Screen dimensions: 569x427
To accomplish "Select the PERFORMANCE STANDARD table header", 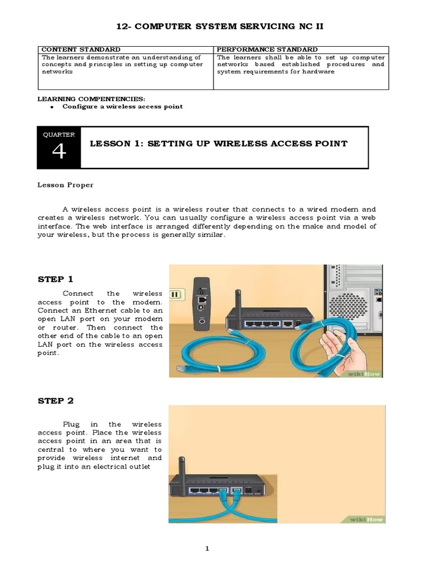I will click(x=267, y=49).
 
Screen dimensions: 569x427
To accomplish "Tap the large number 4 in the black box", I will click(x=58, y=152).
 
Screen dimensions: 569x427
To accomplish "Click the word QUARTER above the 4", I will click(x=58, y=134).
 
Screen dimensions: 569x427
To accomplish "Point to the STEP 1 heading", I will click(x=56, y=279).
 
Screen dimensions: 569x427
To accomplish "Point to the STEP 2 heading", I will click(x=56, y=401).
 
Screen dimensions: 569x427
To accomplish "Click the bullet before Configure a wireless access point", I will click(x=51, y=106).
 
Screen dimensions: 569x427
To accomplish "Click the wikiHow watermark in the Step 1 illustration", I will click(x=365, y=373).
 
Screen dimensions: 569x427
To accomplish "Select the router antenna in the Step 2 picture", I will click(x=181, y=461).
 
